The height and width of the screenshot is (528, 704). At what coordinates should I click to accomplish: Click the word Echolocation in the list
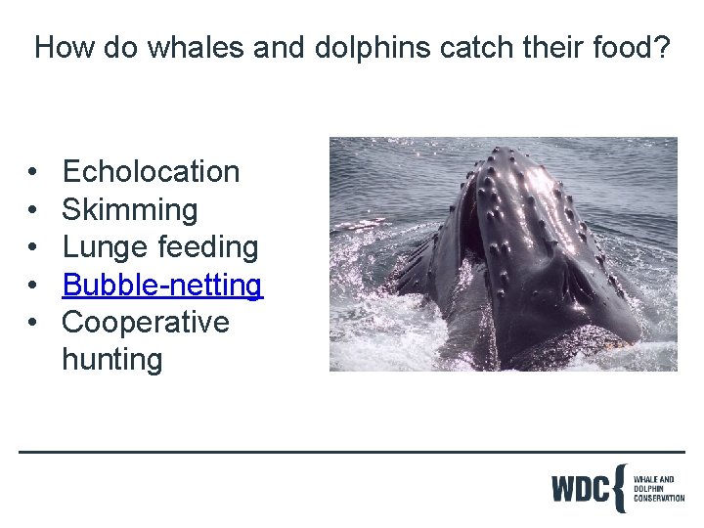(x=151, y=172)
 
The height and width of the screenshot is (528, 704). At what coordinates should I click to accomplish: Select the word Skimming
(x=129, y=210)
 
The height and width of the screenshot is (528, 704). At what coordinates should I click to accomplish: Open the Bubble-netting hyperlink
(x=162, y=286)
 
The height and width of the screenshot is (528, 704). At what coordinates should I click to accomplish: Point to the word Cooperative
(x=145, y=323)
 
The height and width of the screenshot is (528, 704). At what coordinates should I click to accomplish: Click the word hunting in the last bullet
(x=111, y=360)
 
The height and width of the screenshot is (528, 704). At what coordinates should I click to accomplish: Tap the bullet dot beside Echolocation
(x=33, y=173)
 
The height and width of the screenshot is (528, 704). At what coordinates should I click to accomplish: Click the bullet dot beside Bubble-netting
(x=33, y=286)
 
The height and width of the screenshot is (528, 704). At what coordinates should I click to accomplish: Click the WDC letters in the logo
(x=580, y=488)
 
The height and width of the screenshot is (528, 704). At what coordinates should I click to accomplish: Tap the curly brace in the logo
(x=619, y=488)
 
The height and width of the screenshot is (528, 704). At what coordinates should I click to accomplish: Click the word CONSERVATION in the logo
(x=659, y=499)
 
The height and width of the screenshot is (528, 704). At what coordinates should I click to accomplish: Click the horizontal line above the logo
(x=352, y=452)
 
